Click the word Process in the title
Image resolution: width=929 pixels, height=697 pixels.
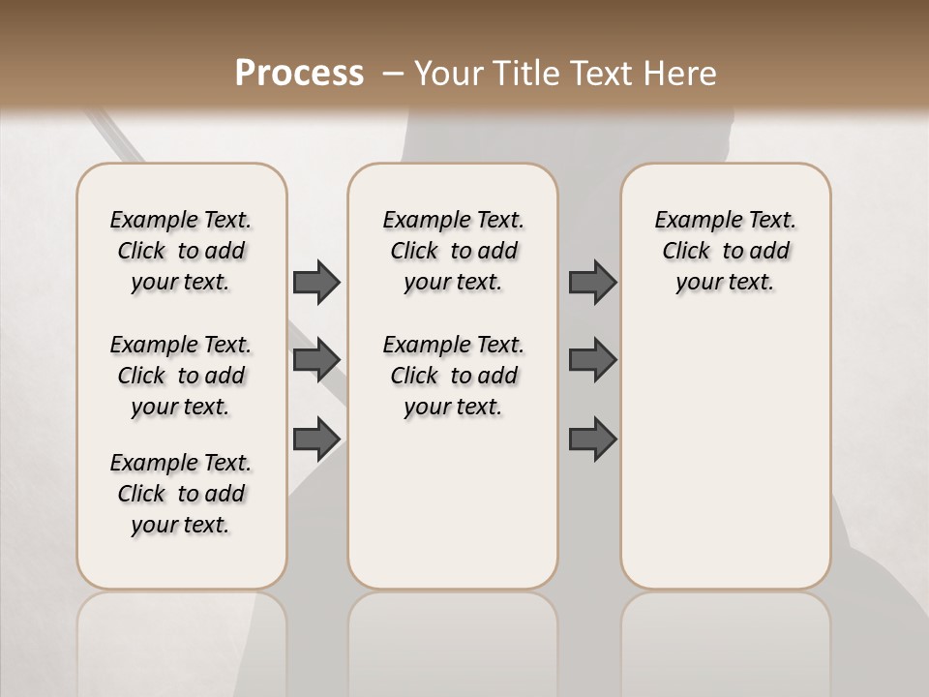[x=299, y=74]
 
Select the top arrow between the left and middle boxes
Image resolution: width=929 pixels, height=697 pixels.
[x=316, y=282]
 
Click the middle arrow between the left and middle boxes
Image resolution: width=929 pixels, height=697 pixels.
[x=316, y=360]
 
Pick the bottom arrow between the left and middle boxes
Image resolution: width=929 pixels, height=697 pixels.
[x=316, y=439]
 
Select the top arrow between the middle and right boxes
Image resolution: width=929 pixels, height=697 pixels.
[x=592, y=282]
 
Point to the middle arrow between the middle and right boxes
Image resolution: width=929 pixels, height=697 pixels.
[x=592, y=360]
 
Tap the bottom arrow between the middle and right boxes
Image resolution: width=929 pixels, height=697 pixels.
[x=592, y=439]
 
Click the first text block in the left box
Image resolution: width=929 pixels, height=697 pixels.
[x=181, y=251]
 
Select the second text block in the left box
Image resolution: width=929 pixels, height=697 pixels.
[x=181, y=376]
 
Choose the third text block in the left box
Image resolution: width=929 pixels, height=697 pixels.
[x=181, y=494]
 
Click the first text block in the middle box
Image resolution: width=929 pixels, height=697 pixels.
[x=453, y=251]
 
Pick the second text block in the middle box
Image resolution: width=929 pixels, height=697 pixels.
[x=453, y=376]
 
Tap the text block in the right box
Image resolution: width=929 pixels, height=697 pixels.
[x=725, y=251]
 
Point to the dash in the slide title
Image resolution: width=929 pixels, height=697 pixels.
[x=393, y=74]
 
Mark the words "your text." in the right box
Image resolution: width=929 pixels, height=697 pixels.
[x=725, y=283]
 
